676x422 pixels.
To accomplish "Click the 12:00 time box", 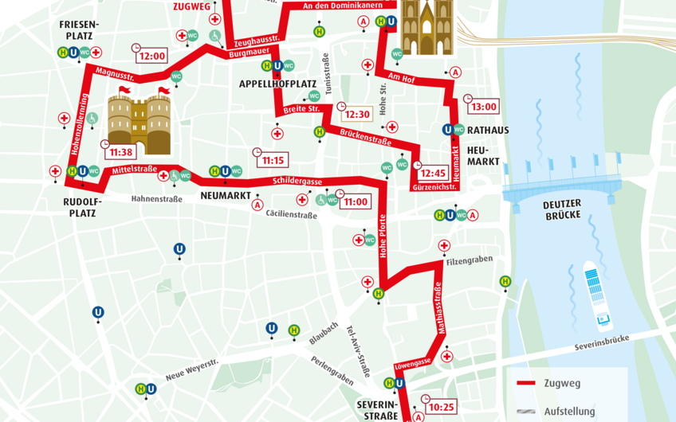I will (x=151, y=57).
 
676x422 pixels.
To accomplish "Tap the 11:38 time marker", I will (x=122, y=152).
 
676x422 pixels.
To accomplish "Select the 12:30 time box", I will (x=357, y=114).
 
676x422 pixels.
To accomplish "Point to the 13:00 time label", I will (x=483, y=107).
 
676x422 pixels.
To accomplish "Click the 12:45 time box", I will (x=433, y=173).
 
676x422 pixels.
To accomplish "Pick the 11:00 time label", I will (x=356, y=201).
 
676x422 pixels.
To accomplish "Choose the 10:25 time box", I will (x=440, y=407).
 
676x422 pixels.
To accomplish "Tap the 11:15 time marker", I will (x=273, y=160).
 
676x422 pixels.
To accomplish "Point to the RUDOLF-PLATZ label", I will (x=80, y=207).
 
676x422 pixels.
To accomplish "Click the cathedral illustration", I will (x=426, y=28).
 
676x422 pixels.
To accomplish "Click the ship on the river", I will (x=598, y=295).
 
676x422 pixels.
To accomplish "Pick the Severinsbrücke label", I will (x=602, y=343).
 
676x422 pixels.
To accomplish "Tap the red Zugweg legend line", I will (x=525, y=384).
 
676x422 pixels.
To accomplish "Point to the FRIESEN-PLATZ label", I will (x=79, y=30).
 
